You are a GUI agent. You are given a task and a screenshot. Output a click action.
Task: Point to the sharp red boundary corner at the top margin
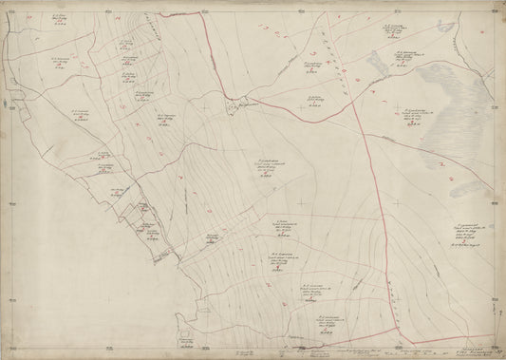[x=203, y=12]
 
